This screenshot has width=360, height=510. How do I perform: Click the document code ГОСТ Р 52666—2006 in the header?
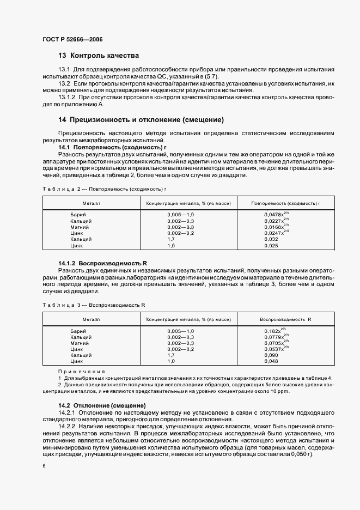click(x=72, y=39)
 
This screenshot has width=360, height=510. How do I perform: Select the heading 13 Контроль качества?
click(x=99, y=56)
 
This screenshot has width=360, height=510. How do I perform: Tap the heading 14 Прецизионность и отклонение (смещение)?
click(x=141, y=120)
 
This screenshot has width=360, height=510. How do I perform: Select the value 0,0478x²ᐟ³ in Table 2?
click(x=276, y=215)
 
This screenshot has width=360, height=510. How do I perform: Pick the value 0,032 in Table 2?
click(x=271, y=239)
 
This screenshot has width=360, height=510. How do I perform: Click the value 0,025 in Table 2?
click(x=271, y=245)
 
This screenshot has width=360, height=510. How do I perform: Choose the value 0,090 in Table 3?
click(x=271, y=355)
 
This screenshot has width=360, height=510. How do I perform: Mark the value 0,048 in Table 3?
click(x=271, y=361)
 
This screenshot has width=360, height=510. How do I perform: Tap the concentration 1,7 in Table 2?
click(x=171, y=239)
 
